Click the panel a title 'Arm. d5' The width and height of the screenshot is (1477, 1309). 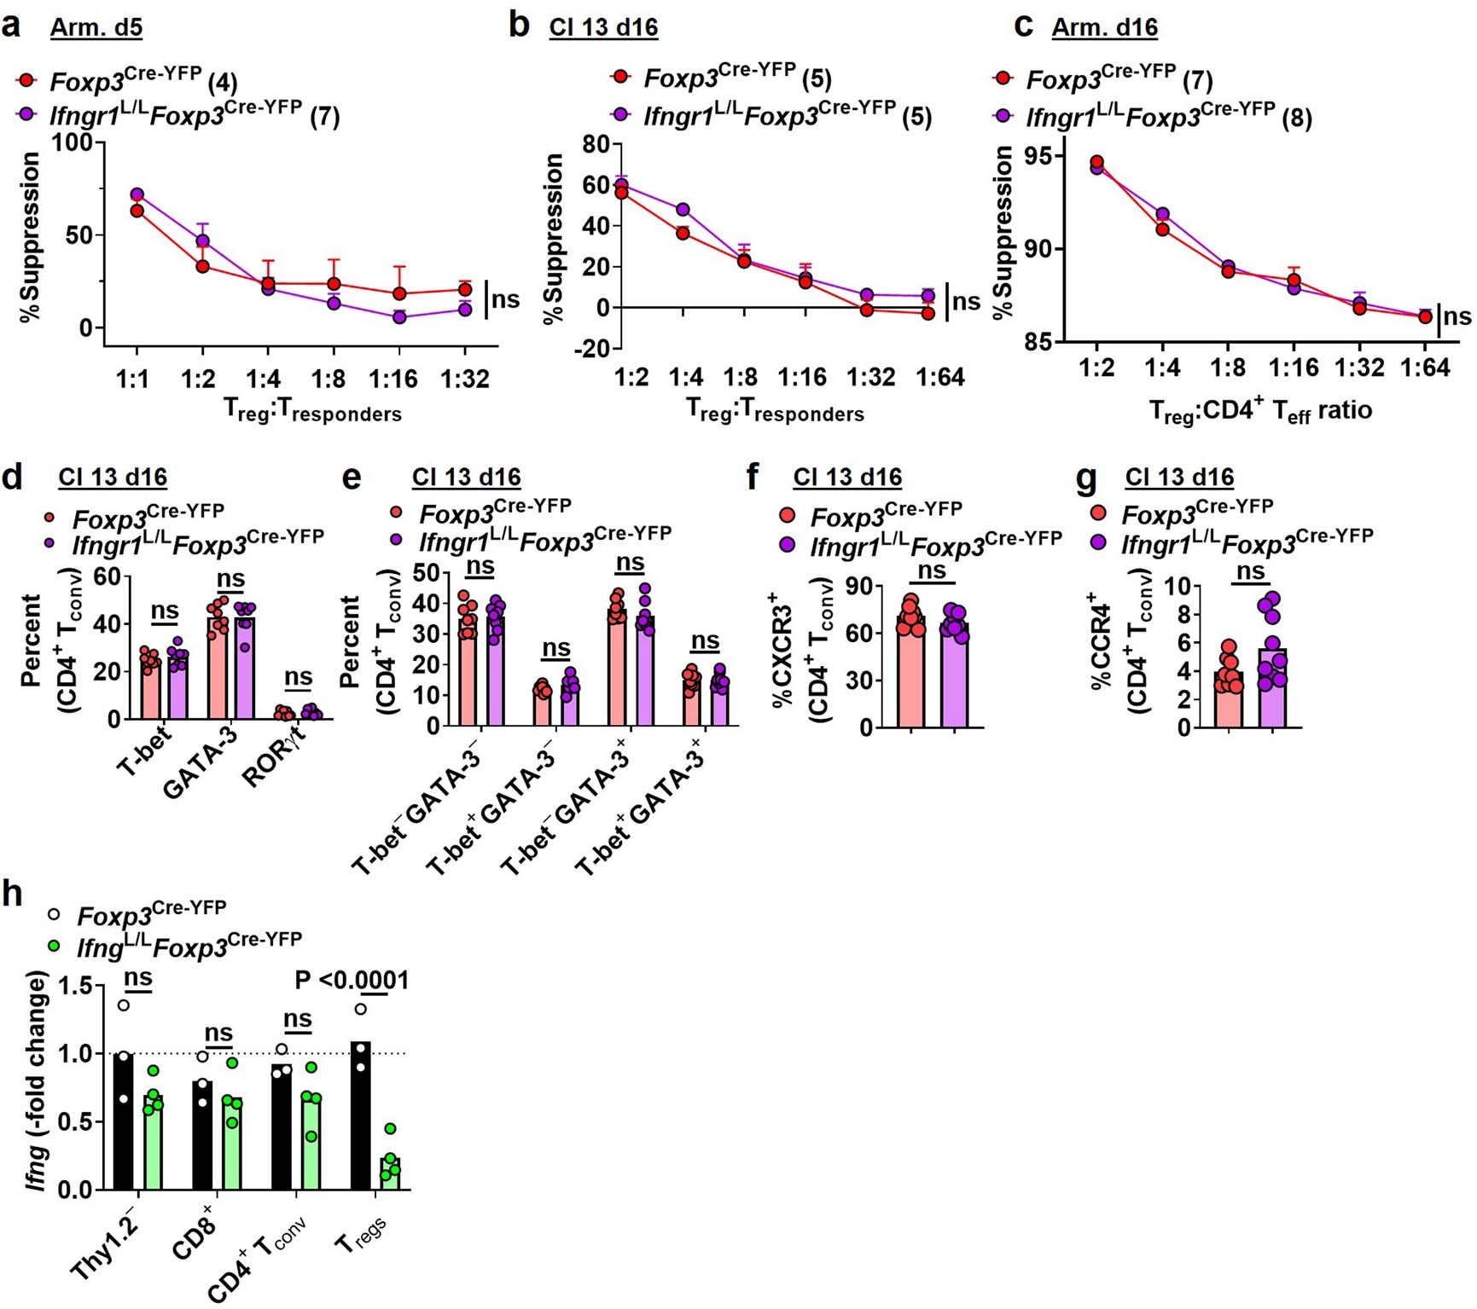96,27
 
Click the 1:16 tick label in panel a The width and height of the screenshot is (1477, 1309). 393,378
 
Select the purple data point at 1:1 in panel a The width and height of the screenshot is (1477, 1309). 137,194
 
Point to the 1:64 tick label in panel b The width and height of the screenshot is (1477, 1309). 939,377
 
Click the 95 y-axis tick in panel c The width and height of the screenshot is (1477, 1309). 1047,157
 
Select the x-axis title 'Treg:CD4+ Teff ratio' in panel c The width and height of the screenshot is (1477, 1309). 1260,411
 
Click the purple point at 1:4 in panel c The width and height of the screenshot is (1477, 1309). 1162,214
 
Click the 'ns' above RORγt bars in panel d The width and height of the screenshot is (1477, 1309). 298,677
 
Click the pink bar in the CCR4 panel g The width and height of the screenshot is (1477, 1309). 1229,700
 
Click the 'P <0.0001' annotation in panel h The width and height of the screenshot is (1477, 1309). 352,980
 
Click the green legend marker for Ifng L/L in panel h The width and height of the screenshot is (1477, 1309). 54,946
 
